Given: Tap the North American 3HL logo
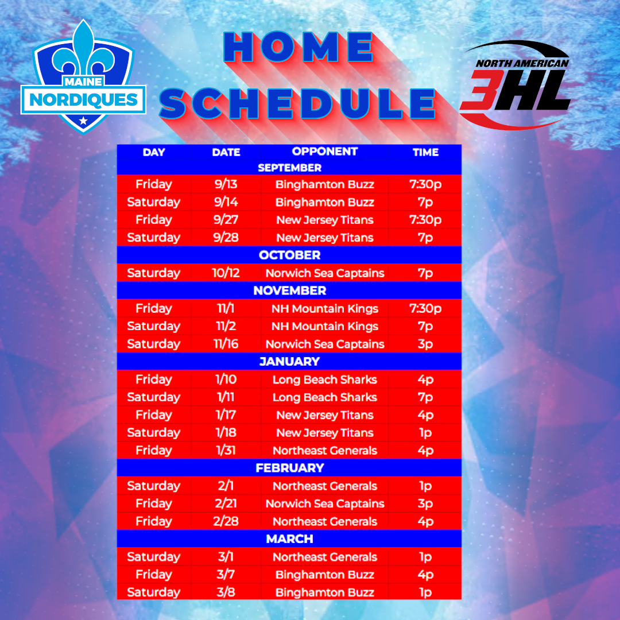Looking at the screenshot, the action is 515,84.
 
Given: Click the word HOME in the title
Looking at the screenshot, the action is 299,48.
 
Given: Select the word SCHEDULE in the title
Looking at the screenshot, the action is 297,103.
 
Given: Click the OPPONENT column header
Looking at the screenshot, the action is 324,152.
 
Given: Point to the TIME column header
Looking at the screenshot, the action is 425,152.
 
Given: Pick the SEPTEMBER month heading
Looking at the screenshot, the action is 289,168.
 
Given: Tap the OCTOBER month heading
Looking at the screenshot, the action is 289,255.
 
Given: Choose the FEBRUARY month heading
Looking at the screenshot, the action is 289,468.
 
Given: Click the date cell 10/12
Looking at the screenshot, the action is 226,273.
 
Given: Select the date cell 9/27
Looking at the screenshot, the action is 226,219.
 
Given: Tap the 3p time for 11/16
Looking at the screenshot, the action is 425,344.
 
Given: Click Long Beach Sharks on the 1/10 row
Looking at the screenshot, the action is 324,379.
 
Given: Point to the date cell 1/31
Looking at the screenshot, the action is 226,451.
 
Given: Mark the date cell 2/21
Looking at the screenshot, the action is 226,503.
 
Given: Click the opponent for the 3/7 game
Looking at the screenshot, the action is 324,575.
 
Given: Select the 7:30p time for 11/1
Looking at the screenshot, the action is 425,308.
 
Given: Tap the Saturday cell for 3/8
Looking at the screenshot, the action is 153,592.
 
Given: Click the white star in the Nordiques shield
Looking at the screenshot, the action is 83,121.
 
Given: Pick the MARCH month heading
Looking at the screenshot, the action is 289,538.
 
